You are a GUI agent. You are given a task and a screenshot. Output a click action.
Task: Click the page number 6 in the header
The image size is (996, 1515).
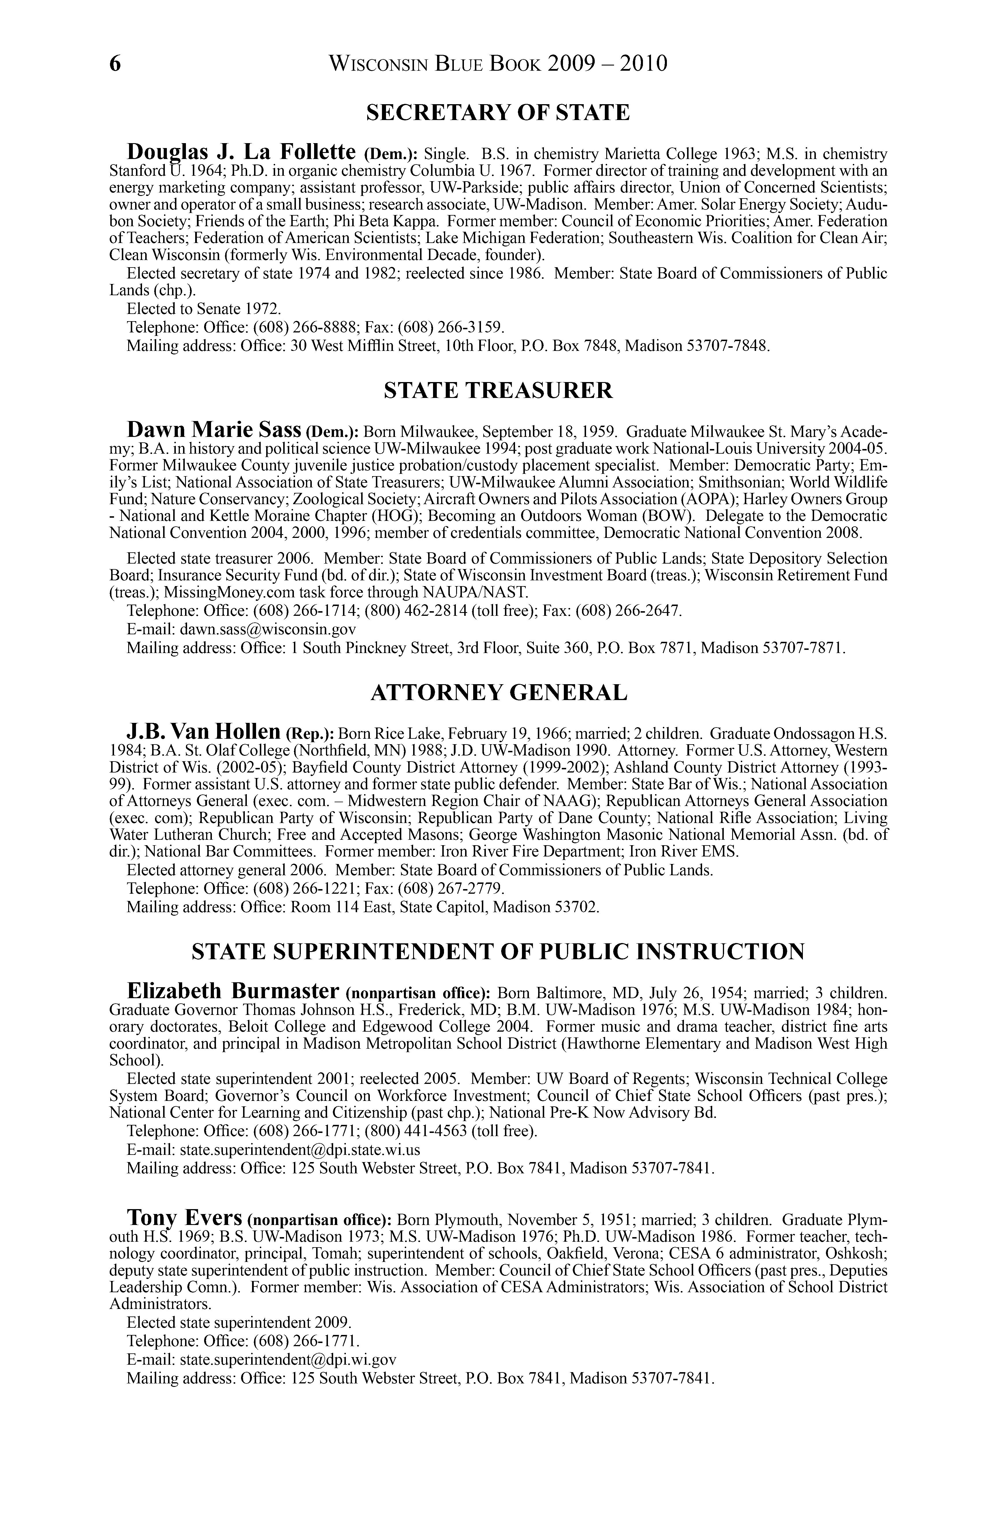click(x=115, y=64)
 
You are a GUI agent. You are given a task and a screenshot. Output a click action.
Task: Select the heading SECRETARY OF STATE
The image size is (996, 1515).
click(x=498, y=113)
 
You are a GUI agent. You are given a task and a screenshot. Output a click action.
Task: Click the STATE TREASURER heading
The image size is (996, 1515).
click(x=498, y=390)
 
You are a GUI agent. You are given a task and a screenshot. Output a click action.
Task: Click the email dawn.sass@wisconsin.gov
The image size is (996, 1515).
click(x=267, y=629)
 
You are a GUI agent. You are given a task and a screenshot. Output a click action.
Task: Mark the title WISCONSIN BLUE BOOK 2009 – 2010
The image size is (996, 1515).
click(x=498, y=64)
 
